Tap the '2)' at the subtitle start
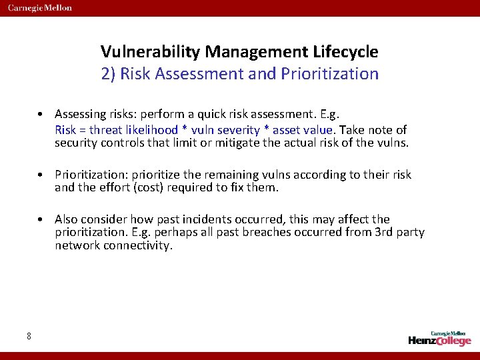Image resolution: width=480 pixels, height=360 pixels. (108, 73)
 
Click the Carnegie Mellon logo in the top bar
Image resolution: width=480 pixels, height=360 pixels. (40, 8)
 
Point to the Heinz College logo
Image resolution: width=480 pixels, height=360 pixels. (439, 338)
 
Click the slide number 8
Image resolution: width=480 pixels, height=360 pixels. (29, 336)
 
